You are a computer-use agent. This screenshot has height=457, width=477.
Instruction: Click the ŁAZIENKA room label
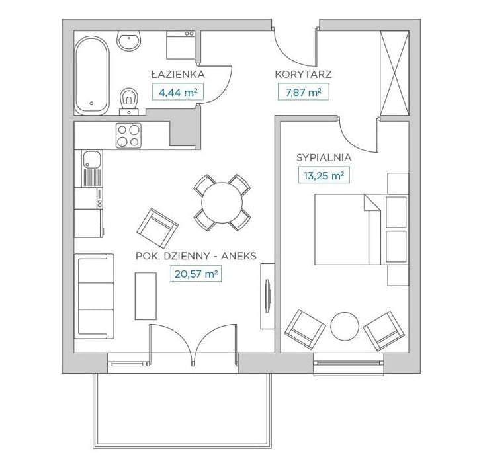point(178,75)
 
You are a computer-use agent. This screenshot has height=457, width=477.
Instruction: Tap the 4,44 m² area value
point(178,92)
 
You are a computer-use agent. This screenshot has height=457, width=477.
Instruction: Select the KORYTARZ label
point(303,75)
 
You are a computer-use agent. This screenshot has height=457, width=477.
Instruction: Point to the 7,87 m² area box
point(303,92)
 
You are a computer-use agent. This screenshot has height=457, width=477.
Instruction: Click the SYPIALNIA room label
point(324,158)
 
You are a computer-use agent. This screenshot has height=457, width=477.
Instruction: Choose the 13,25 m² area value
point(324,175)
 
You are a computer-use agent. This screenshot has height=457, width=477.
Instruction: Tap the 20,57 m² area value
point(196,274)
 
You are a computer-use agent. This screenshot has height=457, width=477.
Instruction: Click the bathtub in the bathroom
point(91,75)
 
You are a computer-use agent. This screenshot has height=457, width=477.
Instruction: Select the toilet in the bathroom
point(129,101)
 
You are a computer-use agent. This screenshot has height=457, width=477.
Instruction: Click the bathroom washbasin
point(129,40)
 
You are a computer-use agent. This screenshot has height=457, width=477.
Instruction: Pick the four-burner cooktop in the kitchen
point(128,136)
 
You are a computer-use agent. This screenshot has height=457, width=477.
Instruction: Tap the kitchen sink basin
point(92,159)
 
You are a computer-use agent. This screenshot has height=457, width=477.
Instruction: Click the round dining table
point(222,202)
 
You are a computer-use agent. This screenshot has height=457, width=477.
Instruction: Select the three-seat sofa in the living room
point(96,296)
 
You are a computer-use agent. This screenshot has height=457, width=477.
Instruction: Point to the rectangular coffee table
point(146,296)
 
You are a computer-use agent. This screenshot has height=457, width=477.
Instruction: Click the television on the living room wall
point(267,296)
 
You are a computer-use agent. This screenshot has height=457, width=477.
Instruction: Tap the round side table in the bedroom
point(345,327)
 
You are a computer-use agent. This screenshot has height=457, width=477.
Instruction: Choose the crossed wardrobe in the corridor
point(394,73)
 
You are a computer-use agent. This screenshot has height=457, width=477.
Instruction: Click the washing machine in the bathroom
point(181,45)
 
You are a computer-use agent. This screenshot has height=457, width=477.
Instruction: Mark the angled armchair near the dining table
point(157,228)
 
